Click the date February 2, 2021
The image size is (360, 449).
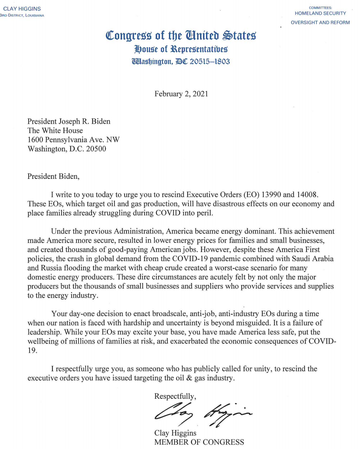181,94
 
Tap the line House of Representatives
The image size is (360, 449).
181,49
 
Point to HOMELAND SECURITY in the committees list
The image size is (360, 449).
320,13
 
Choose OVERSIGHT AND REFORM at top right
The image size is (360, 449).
320,22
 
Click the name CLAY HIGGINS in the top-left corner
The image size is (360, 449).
22,9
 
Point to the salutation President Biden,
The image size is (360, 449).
53,177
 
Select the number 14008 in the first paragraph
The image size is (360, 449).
315,195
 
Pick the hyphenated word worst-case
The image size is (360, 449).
241,268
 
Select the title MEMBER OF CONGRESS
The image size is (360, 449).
199,442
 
